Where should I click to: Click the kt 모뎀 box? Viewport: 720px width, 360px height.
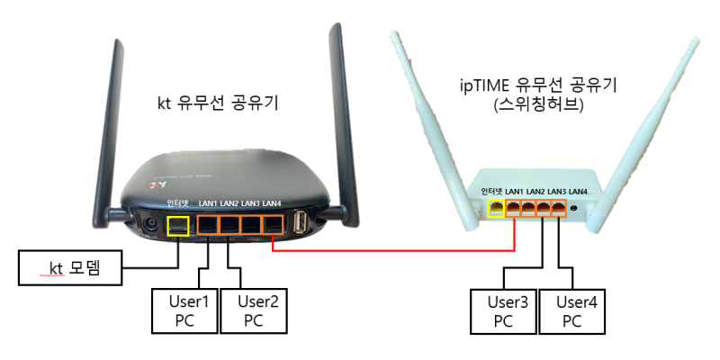(70, 267)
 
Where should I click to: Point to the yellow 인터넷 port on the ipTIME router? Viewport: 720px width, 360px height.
(495, 209)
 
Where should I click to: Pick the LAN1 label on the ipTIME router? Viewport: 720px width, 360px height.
(515, 192)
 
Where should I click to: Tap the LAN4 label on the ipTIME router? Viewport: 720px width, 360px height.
(579, 192)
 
